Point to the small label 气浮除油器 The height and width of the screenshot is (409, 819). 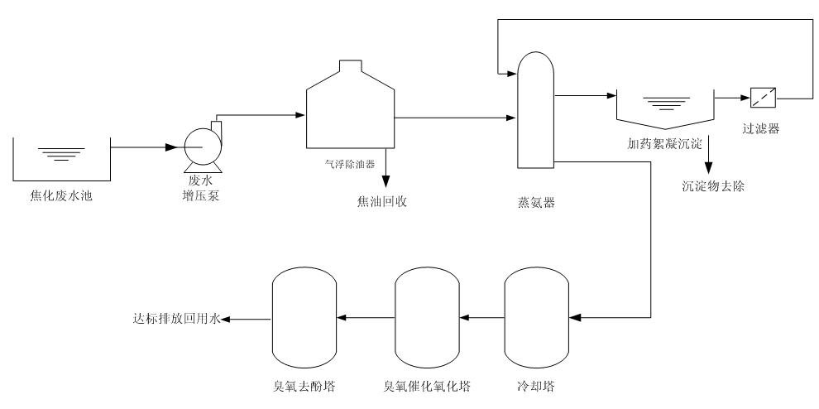(348, 164)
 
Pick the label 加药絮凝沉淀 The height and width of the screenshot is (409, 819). (664, 143)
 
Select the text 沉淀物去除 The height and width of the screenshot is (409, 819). (713, 186)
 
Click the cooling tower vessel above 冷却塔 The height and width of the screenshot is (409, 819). (535, 316)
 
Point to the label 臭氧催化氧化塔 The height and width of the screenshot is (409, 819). (427, 386)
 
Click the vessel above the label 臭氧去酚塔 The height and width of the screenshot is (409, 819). (304, 316)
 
